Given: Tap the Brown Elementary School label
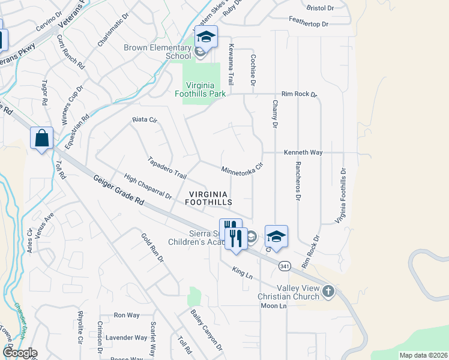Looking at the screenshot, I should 157,52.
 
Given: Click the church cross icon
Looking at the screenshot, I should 328,292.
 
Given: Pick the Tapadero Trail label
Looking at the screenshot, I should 167,169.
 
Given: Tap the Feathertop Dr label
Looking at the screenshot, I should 309,24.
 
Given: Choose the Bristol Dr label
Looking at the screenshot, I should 319,8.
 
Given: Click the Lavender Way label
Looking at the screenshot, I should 126,338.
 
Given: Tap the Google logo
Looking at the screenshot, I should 19,353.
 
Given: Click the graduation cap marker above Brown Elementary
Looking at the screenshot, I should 205,37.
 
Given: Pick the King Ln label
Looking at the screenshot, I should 243,274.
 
